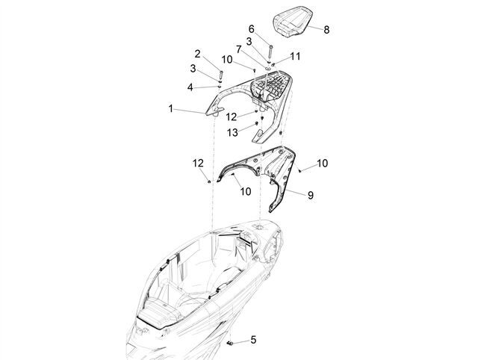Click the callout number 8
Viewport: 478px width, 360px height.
click(326, 30)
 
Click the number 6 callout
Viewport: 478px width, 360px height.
click(251, 29)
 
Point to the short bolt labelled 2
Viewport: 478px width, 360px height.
click(220, 75)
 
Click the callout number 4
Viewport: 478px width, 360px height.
click(190, 88)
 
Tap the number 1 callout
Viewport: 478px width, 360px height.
click(171, 108)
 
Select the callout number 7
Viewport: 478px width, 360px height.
click(239, 49)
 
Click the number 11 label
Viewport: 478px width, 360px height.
click(295, 57)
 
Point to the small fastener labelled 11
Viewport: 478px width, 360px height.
click(273, 64)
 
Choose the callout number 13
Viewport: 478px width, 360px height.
click(232, 132)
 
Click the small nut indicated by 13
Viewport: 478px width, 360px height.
click(256, 123)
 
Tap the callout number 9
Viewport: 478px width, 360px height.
click(311, 195)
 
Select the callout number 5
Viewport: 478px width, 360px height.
click(253, 339)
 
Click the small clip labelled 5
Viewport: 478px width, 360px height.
click(230, 344)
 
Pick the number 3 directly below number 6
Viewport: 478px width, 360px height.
click(249, 42)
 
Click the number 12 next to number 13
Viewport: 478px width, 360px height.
click(232, 117)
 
